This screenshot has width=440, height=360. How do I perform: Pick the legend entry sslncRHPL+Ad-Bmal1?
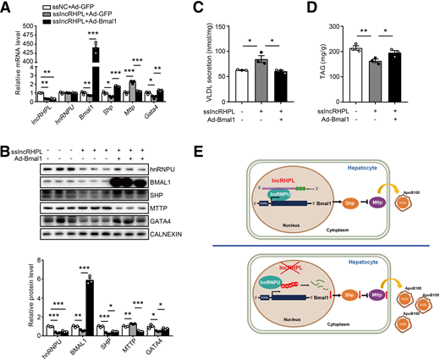tap(81, 23)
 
